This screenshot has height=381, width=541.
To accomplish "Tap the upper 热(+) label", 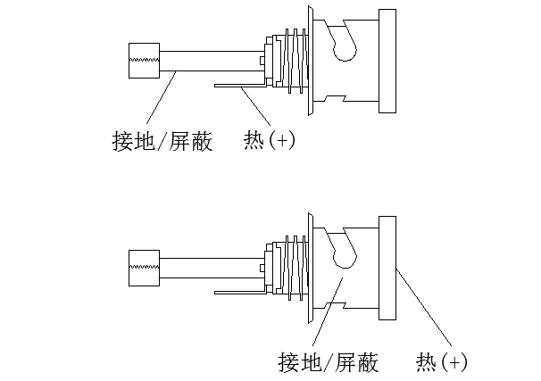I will (269, 142).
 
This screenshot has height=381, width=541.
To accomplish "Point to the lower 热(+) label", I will (441, 362).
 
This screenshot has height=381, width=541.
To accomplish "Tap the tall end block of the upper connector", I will (387, 62).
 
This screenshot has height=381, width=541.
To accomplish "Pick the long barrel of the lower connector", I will (210, 267).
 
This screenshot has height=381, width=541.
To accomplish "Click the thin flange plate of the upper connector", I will (309, 61).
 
